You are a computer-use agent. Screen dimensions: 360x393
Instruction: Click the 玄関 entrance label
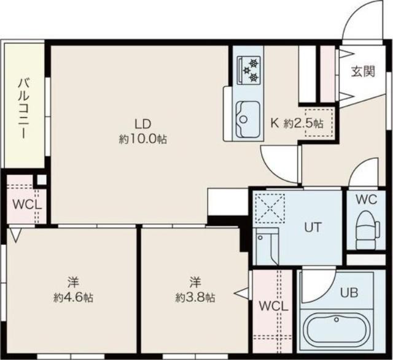[363, 71]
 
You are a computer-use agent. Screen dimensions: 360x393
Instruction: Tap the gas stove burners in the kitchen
[250, 69]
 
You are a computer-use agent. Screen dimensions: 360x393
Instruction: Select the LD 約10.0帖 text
[143, 130]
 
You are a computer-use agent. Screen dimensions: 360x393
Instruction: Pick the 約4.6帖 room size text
[73, 291]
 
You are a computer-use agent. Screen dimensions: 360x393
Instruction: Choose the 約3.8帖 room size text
[195, 291]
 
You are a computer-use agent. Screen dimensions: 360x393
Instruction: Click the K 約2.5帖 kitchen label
[297, 122]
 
